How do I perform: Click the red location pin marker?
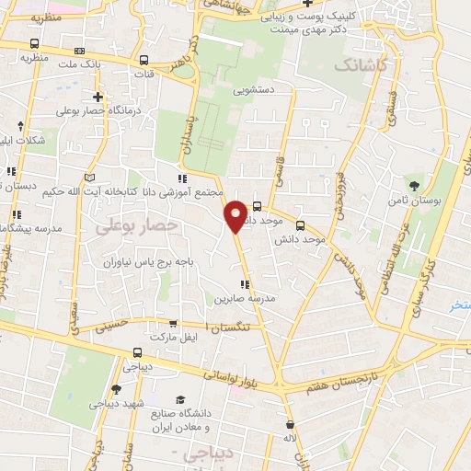click(x=235, y=216)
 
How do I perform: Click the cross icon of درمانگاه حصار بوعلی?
click(x=98, y=97)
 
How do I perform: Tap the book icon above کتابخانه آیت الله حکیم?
click(x=89, y=178)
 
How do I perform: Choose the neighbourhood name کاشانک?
click(x=358, y=65)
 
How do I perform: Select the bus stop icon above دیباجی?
click(x=137, y=351)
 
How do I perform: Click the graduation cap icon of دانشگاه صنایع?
click(x=180, y=398)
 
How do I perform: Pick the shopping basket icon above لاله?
click(x=291, y=425)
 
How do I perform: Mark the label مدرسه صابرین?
click(x=246, y=299)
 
